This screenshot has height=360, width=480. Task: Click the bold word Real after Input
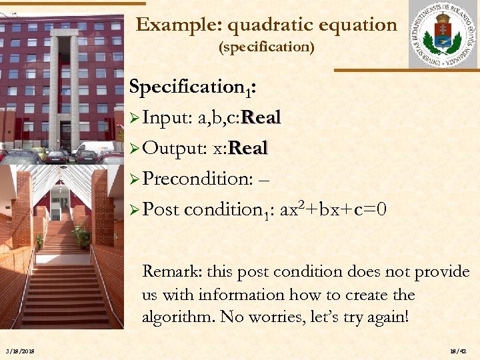[261, 118]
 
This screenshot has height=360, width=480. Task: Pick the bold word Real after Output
[247, 148]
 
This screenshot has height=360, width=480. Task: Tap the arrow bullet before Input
[134, 119]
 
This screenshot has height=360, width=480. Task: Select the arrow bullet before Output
[134, 149]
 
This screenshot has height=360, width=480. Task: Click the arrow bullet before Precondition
[134, 179]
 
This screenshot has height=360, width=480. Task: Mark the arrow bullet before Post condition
[134, 209]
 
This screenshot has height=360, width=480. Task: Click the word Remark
[171, 272]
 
